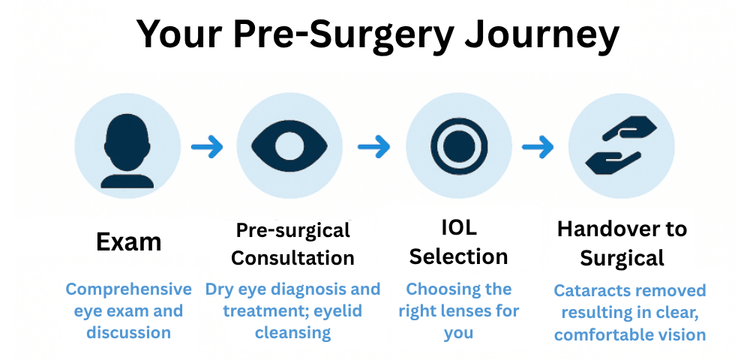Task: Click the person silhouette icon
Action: coord(128,149)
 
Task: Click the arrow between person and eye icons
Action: coord(207,146)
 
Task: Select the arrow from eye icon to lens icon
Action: coord(373,146)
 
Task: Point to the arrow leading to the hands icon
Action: coord(538,146)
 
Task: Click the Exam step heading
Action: coord(128,241)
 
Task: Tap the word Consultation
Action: coord(292,258)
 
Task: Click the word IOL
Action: coord(458,227)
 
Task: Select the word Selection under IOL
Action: coord(458,256)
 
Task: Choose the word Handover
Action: coord(604,229)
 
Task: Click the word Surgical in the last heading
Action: coord(622,259)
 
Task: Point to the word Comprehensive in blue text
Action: coord(128,289)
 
